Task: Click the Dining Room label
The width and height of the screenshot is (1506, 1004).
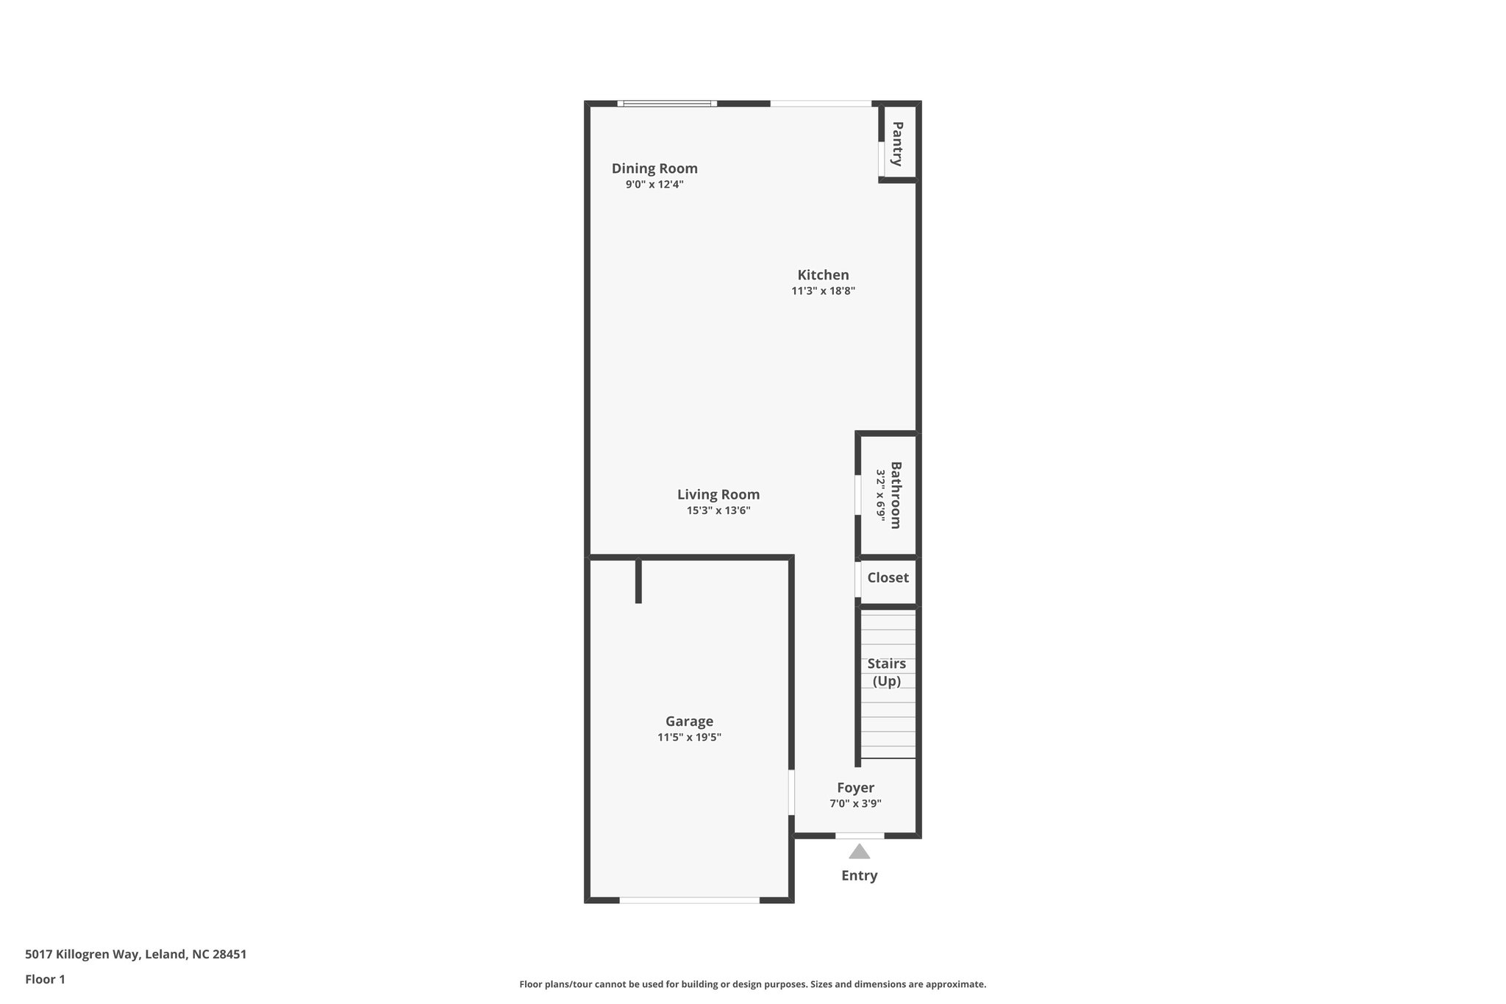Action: (x=654, y=168)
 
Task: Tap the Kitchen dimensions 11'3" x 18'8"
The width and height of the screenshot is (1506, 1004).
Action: (x=823, y=291)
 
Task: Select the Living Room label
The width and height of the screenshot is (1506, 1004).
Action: (x=718, y=494)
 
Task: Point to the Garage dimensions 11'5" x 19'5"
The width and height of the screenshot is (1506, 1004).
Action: (x=689, y=737)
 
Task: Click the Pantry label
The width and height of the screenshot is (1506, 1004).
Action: (x=898, y=144)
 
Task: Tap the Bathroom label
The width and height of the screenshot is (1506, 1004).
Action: (x=896, y=495)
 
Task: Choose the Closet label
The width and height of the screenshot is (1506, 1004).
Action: (x=888, y=577)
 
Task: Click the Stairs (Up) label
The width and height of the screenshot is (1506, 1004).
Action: (x=886, y=672)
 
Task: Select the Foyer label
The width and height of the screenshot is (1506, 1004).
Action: (x=855, y=788)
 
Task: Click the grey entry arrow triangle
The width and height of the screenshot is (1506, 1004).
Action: (x=859, y=852)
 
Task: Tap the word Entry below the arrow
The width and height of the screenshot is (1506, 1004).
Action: (x=859, y=875)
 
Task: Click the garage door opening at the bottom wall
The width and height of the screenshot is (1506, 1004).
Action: (x=689, y=900)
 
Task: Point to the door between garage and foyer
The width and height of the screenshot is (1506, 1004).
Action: (x=791, y=792)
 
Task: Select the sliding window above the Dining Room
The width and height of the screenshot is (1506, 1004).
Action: (x=667, y=104)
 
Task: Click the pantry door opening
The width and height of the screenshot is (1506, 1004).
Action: (x=881, y=159)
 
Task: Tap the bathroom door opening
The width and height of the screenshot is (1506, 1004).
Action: (x=858, y=495)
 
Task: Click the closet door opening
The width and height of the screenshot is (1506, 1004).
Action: (x=858, y=579)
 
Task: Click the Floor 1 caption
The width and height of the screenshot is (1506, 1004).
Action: (x=45, y=979)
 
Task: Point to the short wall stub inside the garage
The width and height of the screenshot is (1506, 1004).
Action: (x=638, y=581)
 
